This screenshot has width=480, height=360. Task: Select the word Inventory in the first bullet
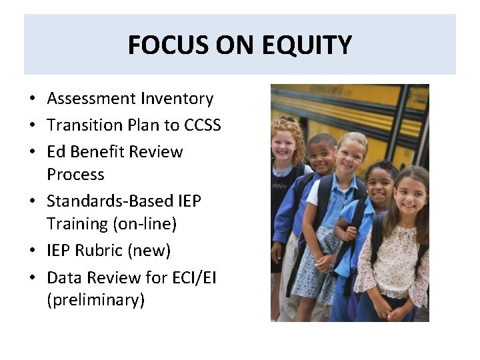pyautogui.click(x=177, y=99)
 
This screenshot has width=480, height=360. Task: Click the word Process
pyautogui.click(x=75, y=175)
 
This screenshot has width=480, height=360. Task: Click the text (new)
pyautogui.click(x=153, y=251)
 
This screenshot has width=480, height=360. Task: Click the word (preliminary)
pyautogui.click(x=95, y=300)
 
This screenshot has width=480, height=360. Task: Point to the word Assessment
pyautogui.click(x=91, y=99)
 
